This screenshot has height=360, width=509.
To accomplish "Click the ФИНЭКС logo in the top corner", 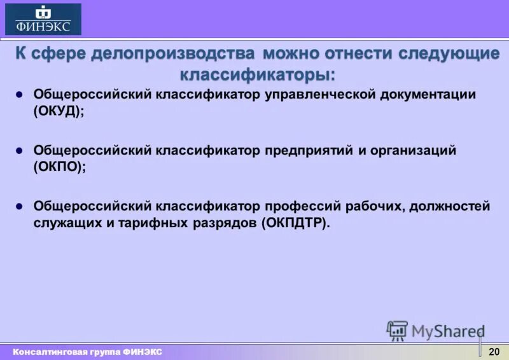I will point(43,19).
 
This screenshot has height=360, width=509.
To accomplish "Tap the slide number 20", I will point(494,352).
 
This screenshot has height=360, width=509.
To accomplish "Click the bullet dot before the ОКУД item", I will point(19,94).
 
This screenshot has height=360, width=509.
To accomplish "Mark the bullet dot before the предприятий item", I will point(19,151).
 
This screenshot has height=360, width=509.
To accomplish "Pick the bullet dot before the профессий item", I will point(19,207).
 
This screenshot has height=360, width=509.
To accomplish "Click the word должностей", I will point(450,207).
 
